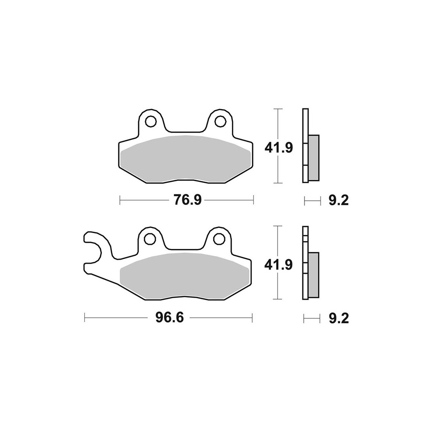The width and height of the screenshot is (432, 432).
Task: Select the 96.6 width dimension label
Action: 169,318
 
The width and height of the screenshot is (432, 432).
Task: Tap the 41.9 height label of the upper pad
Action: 279,148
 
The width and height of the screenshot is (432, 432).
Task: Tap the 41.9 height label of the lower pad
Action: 278,265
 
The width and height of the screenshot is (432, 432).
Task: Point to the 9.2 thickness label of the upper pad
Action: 339,200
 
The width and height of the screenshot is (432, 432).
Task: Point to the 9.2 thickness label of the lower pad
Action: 339,319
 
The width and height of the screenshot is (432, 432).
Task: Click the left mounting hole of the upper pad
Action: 151,121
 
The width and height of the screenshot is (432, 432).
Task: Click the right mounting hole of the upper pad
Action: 219,121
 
